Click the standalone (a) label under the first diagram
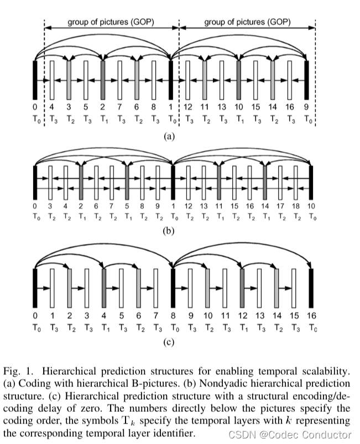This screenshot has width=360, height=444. [169, 136]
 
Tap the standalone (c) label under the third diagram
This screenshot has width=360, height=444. [169, 342]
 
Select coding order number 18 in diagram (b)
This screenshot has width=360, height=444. [296, 206]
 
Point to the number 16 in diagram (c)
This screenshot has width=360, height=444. [311, 316]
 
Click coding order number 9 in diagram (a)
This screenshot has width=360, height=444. [307, 107]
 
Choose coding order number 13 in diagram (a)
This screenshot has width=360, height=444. [222, 107]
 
